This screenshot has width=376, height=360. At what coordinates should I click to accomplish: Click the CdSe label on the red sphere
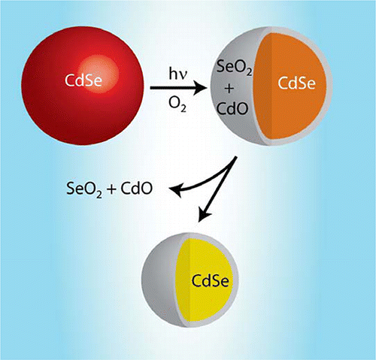coord(83,80)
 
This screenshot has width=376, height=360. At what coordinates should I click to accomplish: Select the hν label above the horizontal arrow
coord(178,74)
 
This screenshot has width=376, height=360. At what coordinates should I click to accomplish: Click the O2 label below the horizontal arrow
coord(177,104)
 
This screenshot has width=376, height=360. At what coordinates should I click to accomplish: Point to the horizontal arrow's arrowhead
coord(201,88)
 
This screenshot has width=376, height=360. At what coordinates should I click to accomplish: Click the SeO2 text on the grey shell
coord(234,67)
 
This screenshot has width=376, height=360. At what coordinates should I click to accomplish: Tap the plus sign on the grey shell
coord(229,89)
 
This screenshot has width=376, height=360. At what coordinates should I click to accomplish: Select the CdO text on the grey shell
coord(232,108)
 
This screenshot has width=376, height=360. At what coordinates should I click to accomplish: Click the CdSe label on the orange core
coord(296,83)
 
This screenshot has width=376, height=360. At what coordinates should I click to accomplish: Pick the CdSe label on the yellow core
coord(211,280)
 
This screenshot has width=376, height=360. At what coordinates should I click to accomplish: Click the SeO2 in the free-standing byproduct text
coord(84,189)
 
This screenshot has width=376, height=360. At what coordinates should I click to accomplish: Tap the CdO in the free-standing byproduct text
coord(136,188)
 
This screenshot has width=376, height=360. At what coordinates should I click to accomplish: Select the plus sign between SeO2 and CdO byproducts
coord(111,189)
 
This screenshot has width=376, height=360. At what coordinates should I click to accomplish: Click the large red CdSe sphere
coord(83,86)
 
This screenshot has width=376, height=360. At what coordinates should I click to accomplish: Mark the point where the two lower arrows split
coord(235,157)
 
